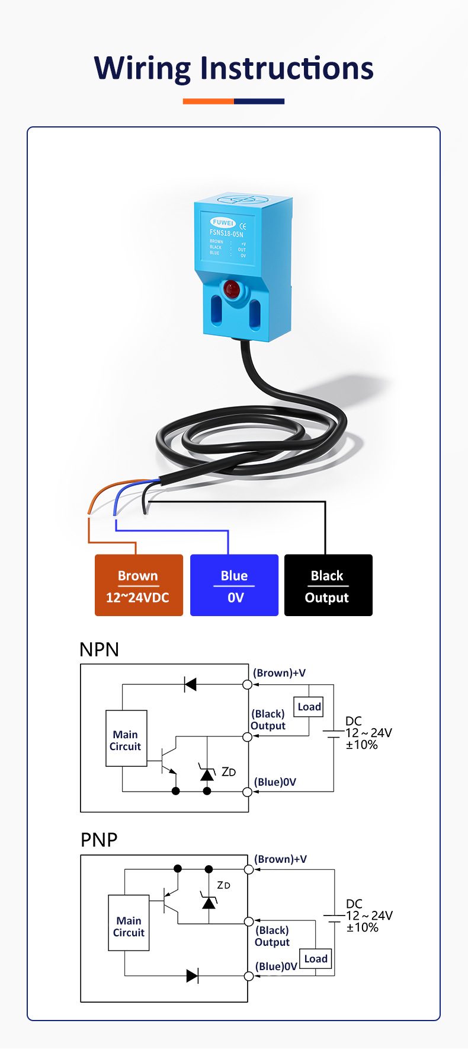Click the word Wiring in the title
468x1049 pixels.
point(142,68)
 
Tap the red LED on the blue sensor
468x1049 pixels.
point(231,289)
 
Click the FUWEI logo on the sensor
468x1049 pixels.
point(223,222)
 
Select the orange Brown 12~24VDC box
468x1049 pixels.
point(139,585)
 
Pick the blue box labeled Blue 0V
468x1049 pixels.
point(234,585)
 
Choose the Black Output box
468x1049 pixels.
point(328,585)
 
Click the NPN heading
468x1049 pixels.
point(99,649)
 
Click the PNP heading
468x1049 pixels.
point(99,840)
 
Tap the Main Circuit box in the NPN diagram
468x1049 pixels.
point(126,738)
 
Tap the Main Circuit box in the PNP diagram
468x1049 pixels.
point(129,923)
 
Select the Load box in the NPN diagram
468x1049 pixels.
point(309,707)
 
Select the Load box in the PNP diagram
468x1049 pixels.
point(315,958)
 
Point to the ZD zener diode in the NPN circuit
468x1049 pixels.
point(207,774)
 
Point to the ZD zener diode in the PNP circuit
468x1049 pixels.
point(209,902)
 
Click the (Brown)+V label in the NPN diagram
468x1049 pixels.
point(279,673)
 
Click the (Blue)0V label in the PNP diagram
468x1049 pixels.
point(276,966)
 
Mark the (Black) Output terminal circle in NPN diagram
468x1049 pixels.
point(248,736)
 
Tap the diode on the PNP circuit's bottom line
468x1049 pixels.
point(192,975)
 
